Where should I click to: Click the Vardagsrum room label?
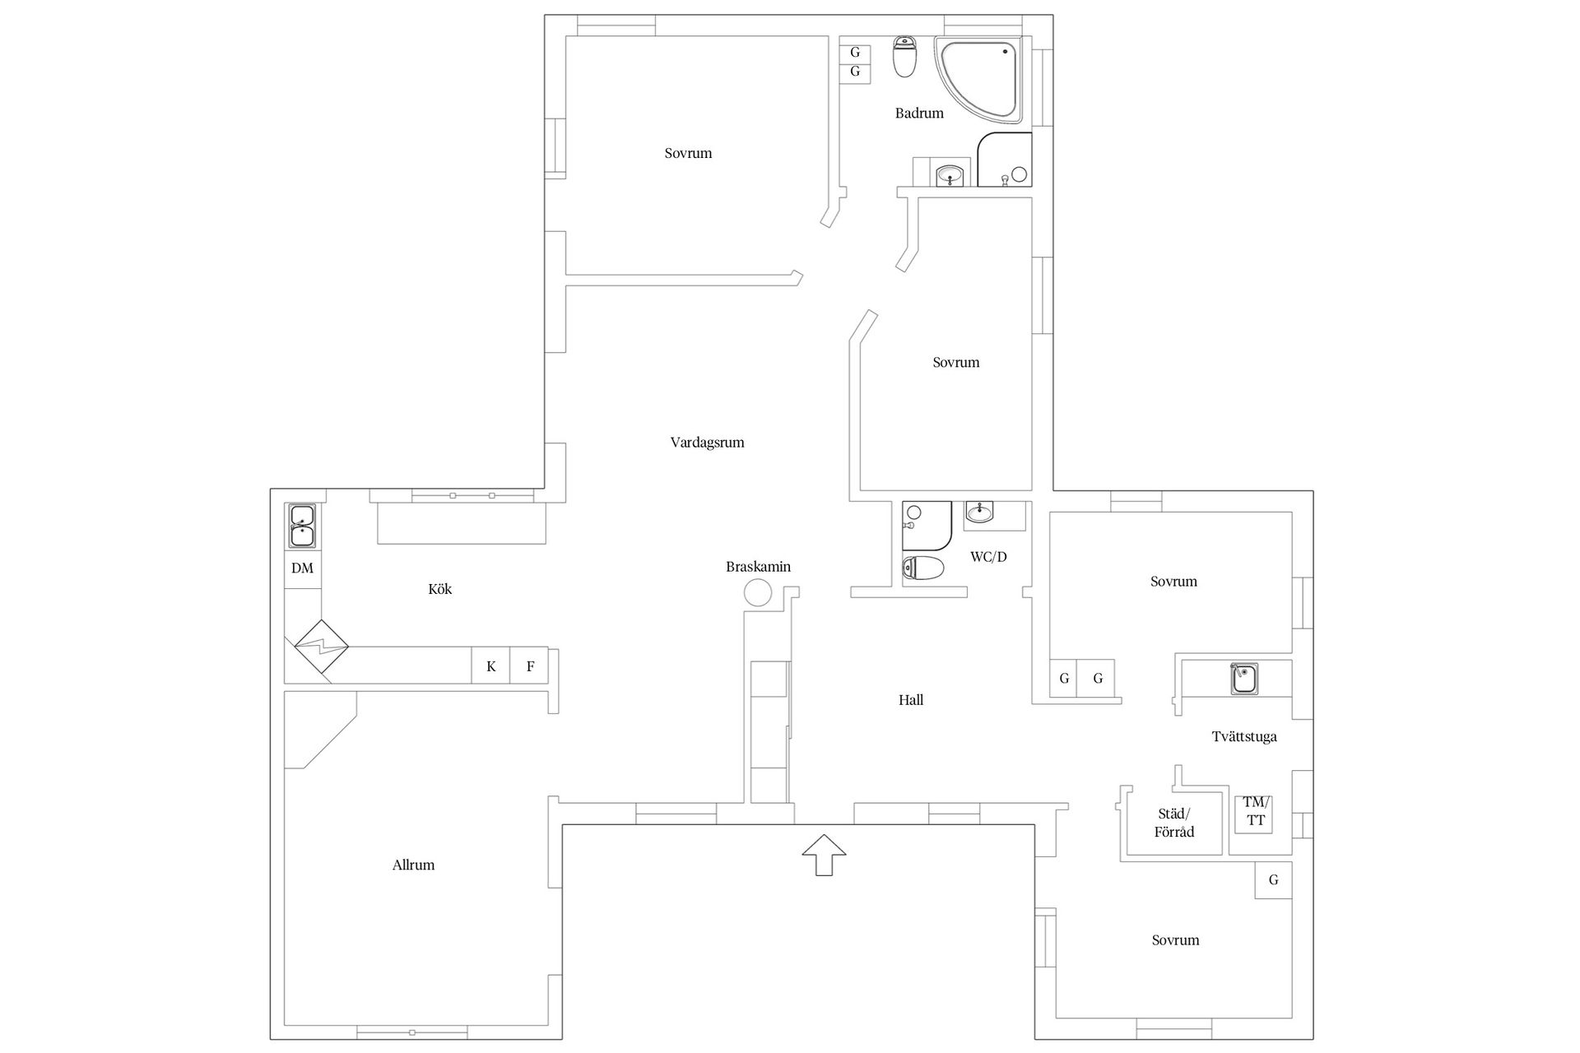(707, 443)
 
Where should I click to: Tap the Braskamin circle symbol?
(758, 592)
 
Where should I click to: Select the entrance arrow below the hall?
(824, 855)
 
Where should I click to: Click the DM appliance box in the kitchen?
(302, 568)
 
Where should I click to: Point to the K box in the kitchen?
(491, 666)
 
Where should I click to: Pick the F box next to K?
(530, 666)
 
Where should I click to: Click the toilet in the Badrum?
(905, 57)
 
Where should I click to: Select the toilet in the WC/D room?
(922, 568)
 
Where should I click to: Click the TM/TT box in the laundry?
(1255, 813)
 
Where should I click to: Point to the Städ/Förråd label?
(1174, 823)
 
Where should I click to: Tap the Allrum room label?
(413, 865)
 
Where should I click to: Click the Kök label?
(440, 589)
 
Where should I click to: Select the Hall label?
(911, 700)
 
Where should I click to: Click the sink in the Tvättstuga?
(1243, 679)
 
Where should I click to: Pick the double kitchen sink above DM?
(302, 526)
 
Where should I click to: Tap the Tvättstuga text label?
(1244, 736)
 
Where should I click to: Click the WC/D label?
(988, 557)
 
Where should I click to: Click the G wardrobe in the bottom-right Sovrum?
(1273, 880)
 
